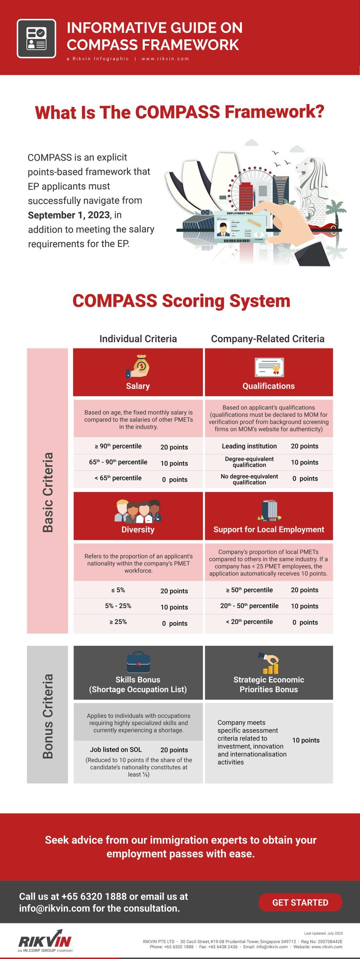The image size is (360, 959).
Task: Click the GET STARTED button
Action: pyautogui.click(x=300, y=902)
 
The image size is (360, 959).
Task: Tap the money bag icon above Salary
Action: pyautogui.click(x=138, y=367)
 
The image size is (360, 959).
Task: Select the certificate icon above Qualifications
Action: pyautogui.click(x=269, y=367)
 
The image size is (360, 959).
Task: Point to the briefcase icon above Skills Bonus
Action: pyautogui.click(x=138, y=662)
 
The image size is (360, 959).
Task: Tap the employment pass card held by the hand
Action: pyautogui.click(x=241, y=227)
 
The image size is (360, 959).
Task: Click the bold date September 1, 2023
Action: pyautogui.click(x=69, y=215)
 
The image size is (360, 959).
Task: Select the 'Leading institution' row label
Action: pyautogui.click(x=249, y=446)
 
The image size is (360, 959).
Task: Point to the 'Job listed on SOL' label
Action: pyautogui.click(x=116, y=750)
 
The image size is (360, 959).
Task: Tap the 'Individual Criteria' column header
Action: pyautogui.click(x=138, y=339)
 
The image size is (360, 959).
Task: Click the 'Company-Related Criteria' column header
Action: pyautogui.click(x=268, y=339)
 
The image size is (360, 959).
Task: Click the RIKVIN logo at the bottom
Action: pyautogui.click(x=45, y=941)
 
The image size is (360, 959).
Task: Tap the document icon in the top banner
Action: pyautogui.click(x=37, y=38)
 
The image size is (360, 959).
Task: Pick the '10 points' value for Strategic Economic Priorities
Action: pyautogui.click(x=306, y=740)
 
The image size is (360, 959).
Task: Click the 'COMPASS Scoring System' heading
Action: pyautogui.click(x=181, y=301)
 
